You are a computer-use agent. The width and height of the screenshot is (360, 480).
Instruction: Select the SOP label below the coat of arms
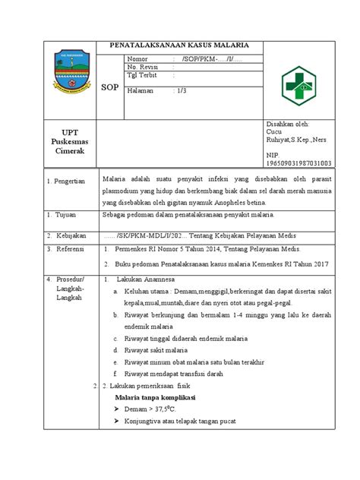pyautogui.click(x=110, y=87)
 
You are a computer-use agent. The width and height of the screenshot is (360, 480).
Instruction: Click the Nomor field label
pyautogui.click(x=140, y=58)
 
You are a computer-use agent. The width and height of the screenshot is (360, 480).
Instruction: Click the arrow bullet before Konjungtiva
pyautogui.click(x=116, y=424)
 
